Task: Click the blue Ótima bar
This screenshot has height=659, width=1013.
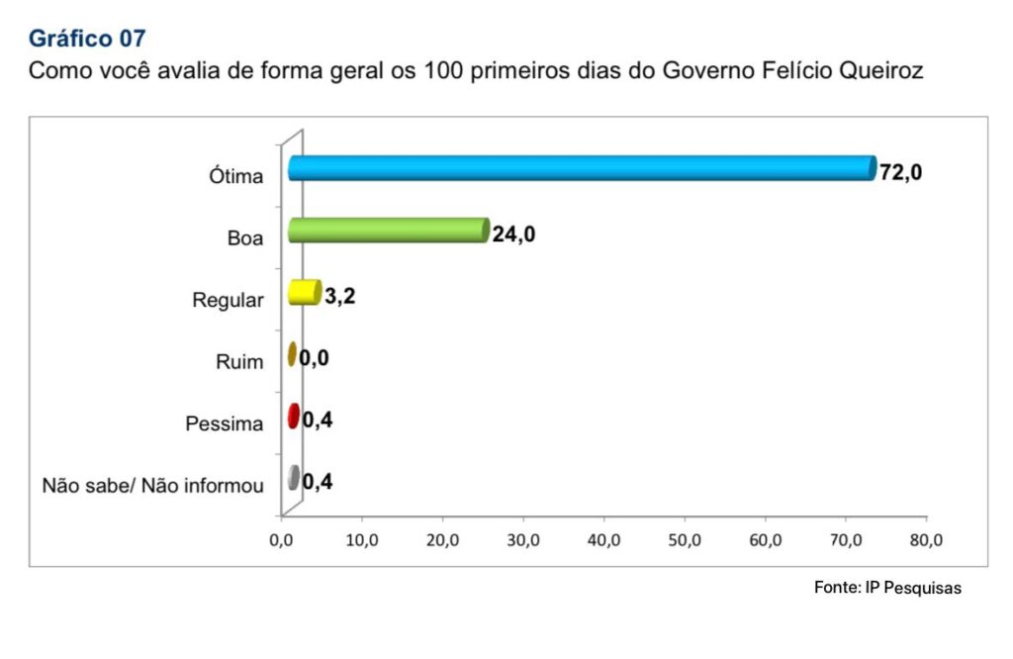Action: (582, 168)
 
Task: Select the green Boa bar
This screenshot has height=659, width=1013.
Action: (388, 231)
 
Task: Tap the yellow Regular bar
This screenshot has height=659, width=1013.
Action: (304, 293)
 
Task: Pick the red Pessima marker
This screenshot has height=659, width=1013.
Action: (293, 417)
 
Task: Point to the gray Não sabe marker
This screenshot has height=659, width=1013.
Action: (293, 478)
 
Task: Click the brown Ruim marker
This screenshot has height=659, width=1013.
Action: (292, 354)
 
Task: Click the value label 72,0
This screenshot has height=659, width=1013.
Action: (900, 173)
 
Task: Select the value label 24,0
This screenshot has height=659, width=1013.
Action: (513, 235)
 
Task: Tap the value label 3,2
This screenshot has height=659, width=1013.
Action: (339, 297)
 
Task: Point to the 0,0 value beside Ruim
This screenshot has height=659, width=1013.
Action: (315, 358)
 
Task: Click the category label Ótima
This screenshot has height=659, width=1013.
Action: (236, 177)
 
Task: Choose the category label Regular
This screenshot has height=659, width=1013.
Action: (229, 301)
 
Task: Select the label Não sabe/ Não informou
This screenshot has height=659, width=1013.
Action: (153, 486)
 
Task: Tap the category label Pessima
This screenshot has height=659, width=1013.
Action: (225, 424)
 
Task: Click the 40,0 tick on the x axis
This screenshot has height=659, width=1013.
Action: (603, 540)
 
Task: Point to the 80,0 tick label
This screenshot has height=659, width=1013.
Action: (925, 540)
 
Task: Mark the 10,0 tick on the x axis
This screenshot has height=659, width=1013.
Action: (362, 540)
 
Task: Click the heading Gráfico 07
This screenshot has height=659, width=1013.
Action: (87, 39)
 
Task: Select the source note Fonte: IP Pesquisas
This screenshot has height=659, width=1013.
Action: (887, 588)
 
